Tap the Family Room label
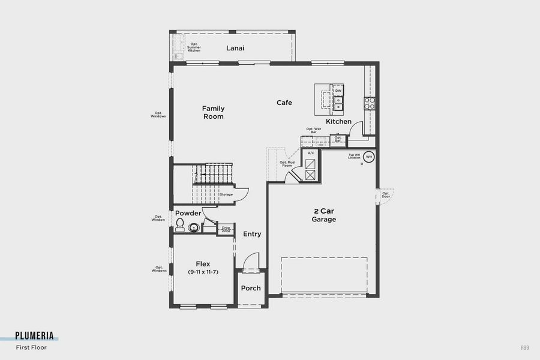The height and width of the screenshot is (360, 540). (x=213, y=112)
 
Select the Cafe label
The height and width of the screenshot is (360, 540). (x=284, y=103)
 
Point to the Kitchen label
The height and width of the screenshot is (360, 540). (x=338, y=122)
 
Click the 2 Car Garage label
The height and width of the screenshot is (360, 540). (x=323, y=215)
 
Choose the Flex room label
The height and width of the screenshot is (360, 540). (x=202, y=268)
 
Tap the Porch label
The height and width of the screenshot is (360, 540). (x=251, y=288)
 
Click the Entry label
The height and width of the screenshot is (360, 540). (x=252, y=234)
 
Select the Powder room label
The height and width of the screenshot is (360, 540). (x=188, y=214)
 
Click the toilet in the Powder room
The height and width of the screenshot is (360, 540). (x=179, y=224)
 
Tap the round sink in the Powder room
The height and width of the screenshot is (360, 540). (x=194, y=227)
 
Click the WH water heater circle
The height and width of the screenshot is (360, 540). (x=369, y=157)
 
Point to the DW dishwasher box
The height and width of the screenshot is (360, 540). (x=338, y=91)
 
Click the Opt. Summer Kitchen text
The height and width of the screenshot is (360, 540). (x=194, y=47)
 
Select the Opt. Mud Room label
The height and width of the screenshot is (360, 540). (x=286, y=164)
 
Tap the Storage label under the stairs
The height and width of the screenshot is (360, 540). (x=226, y=194)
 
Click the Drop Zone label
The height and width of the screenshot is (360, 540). (x=226, y=229)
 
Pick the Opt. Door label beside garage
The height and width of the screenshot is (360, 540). (x=386, y=195)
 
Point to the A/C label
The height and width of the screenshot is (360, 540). (x=311, y=153)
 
